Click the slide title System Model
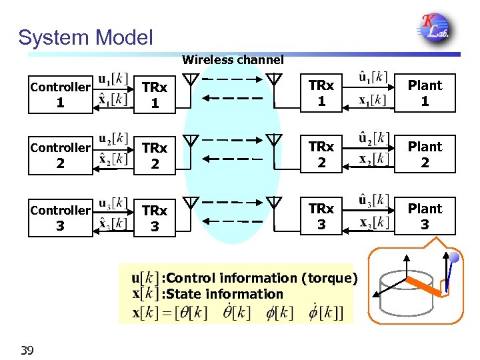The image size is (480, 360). point(85,37)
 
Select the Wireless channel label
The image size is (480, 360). point(233,60)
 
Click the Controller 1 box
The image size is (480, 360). point(60,94)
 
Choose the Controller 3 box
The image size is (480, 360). point(60,217)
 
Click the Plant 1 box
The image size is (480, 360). point(425,93)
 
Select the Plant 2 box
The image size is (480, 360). point(425,155)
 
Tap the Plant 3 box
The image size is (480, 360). point(425,217)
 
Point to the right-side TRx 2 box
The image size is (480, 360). point(321,155)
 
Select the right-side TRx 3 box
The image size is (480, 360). point(321,217)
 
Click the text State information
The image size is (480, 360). point(223,294)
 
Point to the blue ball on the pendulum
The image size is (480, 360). point(453,257)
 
